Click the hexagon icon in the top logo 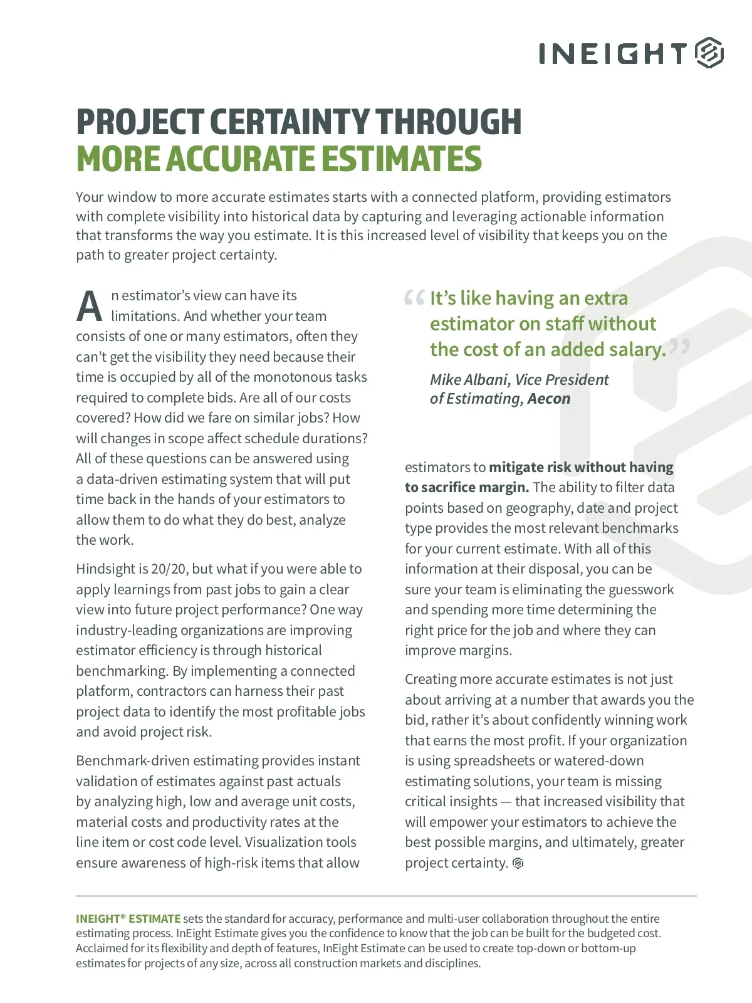[x=709, y=53]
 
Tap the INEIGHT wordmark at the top [x=612, y=53]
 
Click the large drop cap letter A [x=90, y=307]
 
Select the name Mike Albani [x=468, y=380]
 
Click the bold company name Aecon [x=549, y=399]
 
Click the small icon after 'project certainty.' [x=518, y=863]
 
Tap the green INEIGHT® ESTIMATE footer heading [x=128, y=918]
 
